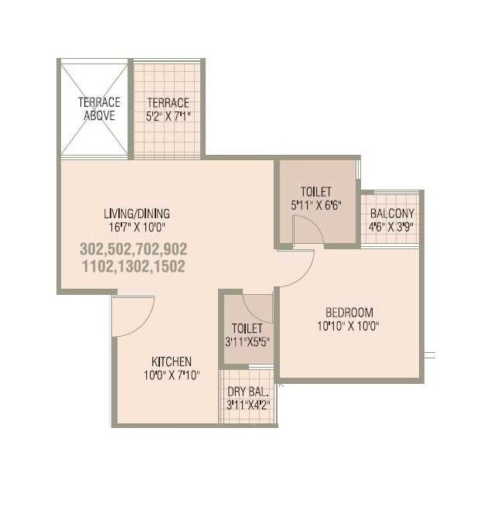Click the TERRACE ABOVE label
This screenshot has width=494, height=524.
tap(99, 109)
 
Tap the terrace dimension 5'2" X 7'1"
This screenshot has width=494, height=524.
tap(169, 116)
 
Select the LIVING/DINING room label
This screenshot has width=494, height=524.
tap(137, 214)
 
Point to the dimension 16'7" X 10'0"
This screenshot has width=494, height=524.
tap(136, 228)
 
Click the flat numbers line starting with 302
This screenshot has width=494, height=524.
tap(134, 249)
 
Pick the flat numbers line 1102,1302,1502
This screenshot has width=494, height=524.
tap(134, 265)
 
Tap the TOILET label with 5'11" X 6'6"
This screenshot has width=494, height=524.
tap(316, 192)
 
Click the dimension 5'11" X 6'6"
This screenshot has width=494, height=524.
tap(316, 205)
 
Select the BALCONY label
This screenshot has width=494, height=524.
tap(392, 214)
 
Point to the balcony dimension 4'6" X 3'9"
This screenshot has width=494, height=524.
tap(392, 228)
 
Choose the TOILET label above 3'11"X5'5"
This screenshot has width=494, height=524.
tap(247, 328)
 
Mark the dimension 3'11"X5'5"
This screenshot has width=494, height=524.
tap(247, 341)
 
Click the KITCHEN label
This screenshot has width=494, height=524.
tap(171, 361)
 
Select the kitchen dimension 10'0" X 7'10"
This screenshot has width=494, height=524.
tap(171, 375)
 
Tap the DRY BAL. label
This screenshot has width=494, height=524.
tap(248, 391)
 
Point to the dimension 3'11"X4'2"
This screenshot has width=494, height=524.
tap(248, 404)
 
